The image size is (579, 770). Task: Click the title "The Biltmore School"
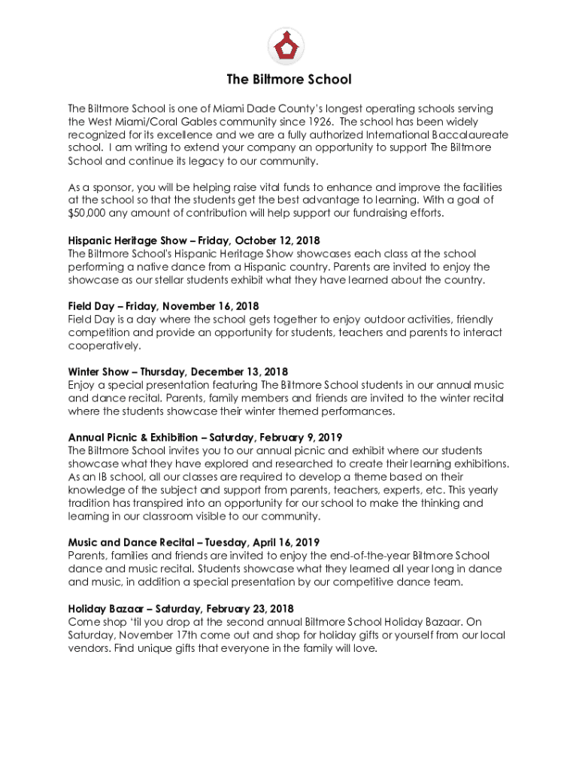pos(289,80)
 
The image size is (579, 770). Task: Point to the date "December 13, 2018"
pos(239,371)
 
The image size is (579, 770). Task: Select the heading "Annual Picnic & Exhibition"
pos(135,437)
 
